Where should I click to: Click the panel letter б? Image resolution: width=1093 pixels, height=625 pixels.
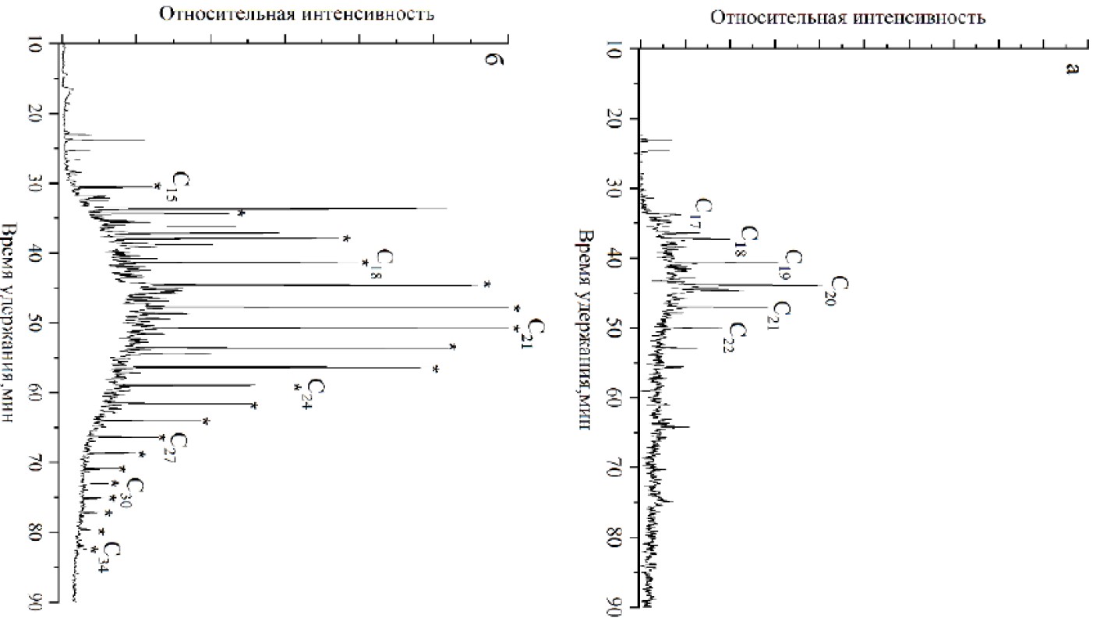[x=490, y=60]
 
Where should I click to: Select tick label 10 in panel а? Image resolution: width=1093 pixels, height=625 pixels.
[x=614, y=49]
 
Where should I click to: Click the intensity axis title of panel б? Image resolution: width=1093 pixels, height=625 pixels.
[x=296, y=14]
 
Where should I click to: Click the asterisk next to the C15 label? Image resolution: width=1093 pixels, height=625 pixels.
[x=157, y=185]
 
